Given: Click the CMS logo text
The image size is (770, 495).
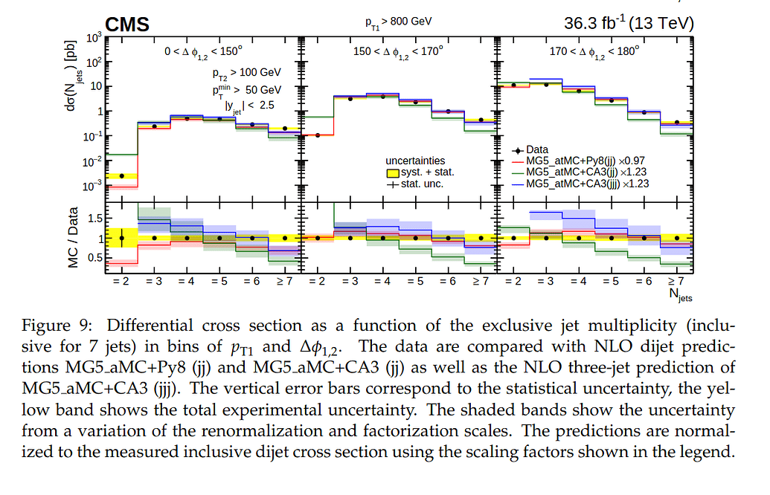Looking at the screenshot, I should (127, 25).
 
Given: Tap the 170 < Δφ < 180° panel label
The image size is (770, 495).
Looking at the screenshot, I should (586, 52).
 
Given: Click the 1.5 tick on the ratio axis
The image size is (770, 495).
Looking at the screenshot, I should (94, 219).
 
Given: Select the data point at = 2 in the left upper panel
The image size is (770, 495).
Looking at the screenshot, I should (121, 175).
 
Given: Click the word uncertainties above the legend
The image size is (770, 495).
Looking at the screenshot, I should (415, 160).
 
